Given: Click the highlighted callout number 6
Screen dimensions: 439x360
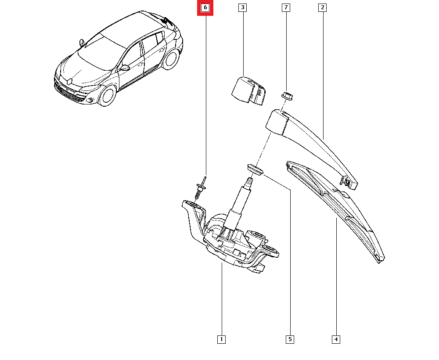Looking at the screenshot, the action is (x=205, y=7).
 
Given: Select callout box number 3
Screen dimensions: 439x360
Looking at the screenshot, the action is (x=242, y=7).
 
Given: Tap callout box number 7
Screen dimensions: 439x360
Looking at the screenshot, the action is (x=286, y=7).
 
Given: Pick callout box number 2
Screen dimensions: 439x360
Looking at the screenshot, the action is (x=323, y=7).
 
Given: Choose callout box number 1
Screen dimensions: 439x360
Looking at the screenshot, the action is (x=221, y=339).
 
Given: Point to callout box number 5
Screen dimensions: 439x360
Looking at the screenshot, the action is (x=290, y=339).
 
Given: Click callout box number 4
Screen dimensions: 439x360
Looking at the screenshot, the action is (x=336, y=339).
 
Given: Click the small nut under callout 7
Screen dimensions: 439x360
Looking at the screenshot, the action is (x=287, y=96).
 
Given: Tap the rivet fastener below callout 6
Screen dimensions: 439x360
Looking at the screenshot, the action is (x=201, y=187).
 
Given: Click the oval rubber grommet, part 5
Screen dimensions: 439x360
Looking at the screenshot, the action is (x=255, y=170).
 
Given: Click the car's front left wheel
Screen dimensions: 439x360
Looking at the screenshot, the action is (x=108, y=95).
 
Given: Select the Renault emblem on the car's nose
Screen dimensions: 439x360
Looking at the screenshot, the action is (x=69, y=81).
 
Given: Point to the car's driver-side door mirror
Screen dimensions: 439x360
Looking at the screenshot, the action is (x=125, y=68).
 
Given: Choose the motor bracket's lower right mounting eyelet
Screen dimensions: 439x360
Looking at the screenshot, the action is (x=270, y=249).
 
